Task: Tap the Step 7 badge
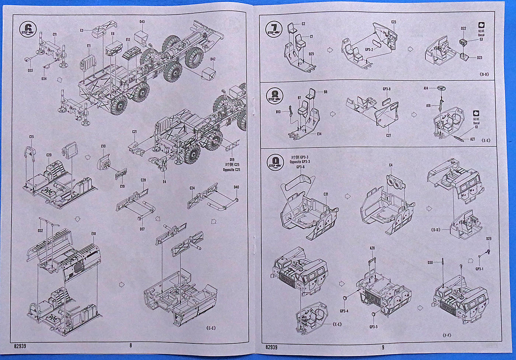pos(274,28)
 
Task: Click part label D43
pos(142,22)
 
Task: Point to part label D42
pos(213,59)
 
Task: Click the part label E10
pos(94,233)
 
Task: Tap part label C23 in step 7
pos(393,22)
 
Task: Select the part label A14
pos(426,88)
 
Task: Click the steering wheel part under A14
pos(440,88)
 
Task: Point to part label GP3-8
pos(387,89)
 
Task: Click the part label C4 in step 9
pos(391,165)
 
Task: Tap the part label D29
pos(489,239)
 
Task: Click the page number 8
pos(130,346)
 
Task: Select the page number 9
pos(383,347)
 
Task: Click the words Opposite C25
pos(231,170)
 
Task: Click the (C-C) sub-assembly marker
pos(211,328)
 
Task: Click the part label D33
pos(30,70)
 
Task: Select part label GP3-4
pos(344,311)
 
